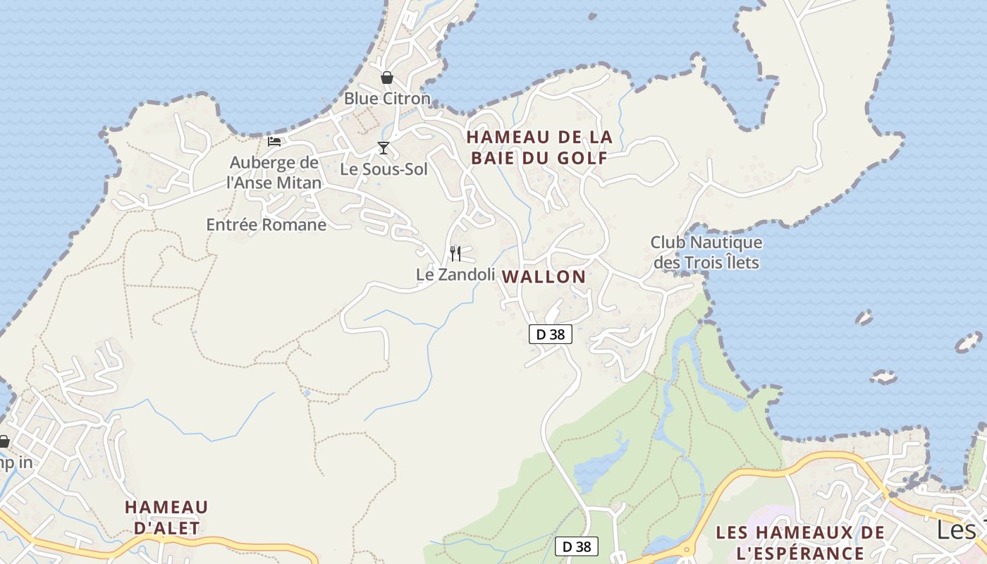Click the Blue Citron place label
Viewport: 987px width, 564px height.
[386, 99]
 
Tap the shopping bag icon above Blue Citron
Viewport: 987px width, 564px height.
[386, 78]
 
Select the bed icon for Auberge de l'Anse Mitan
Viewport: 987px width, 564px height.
[274, 142]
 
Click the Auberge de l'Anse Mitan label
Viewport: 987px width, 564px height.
[274, 173]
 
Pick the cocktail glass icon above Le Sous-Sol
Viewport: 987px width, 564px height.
[384, 147]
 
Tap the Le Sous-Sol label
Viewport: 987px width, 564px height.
[384, 169]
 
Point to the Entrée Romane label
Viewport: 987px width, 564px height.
[266, 225]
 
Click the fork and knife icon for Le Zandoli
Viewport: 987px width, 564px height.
[455, 253]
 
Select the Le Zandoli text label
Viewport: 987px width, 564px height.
[455, 274]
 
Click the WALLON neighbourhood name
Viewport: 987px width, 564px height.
[544, 277]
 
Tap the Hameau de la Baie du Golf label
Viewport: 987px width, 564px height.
[539, 147]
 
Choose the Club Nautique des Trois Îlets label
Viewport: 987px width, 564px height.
[706, 252]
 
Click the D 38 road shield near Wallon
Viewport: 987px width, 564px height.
[550, 334]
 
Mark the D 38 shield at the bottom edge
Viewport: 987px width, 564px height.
[577, 546]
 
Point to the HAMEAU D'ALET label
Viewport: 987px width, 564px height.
[166, 517]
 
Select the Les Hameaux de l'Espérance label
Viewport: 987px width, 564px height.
[799, 542]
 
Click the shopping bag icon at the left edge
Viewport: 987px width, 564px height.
[4, 442]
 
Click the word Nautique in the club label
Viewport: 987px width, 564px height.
[726, 243]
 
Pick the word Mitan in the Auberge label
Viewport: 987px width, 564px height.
[300, 183]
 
